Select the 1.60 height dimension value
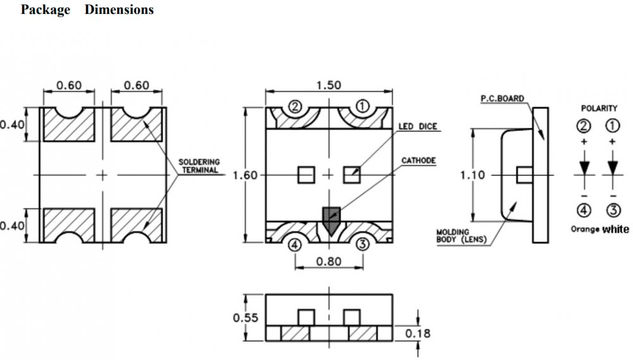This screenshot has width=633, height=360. tap(246, 175)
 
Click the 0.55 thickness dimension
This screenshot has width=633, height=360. tap(246, 318)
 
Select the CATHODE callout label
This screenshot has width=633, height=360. tap(418, 161)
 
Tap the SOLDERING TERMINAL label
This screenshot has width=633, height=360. tap(198, 166)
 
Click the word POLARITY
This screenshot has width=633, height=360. tap(599, 108)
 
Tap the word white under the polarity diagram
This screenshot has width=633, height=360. tap(616, 229)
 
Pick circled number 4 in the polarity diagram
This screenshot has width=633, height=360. tap(584, 211)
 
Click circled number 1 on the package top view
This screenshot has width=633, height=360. tap(362, 107)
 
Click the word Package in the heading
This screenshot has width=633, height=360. tap(46, 10)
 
